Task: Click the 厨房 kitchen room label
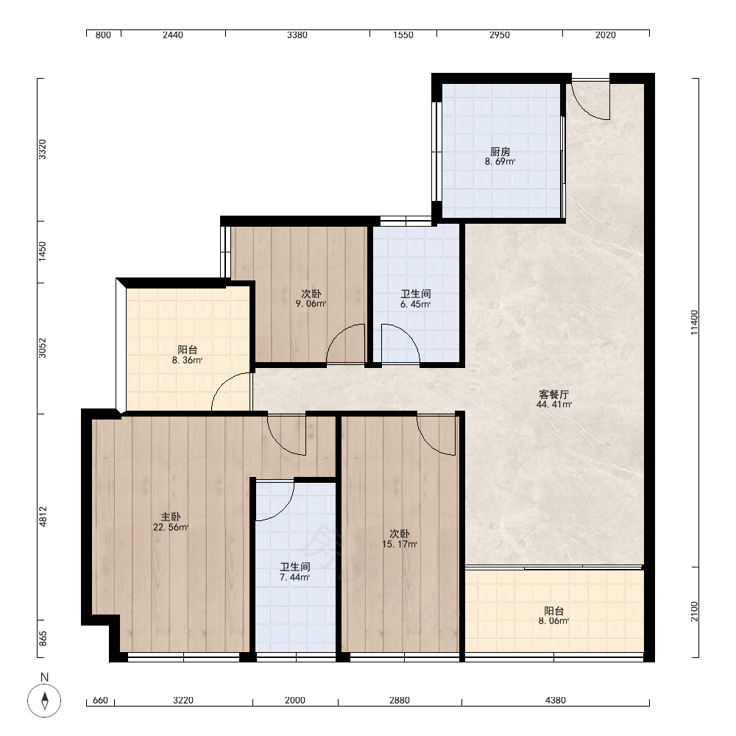point(500,152)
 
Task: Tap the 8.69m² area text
point(500,162)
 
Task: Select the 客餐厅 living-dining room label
point(554,394)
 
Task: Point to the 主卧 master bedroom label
point(171,517)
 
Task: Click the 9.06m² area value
point(311,304)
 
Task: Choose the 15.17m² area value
point(400,545)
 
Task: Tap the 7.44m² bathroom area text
point(295,577)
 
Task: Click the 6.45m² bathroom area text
point(415,304)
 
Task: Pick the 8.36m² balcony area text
point(187,361)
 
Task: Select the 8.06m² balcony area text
point(554,621)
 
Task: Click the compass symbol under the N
point(45,701)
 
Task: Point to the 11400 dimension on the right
point(694,322)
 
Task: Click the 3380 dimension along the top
point(297,35)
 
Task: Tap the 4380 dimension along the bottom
point(555,701)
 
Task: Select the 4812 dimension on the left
point(43,517)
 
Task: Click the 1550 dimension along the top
point(403,35)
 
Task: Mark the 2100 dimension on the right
point(694,612)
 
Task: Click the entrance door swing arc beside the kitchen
point(585,109)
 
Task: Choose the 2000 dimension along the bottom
point(295,701)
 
